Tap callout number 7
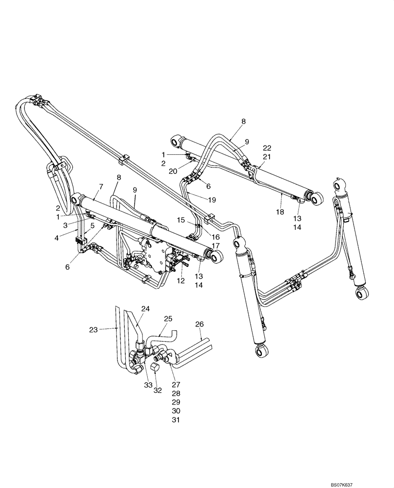click(x=101, y=187)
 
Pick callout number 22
click(x=267, y=148)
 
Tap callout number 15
click(x=181, y=220)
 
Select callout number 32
click(x=157, y=390)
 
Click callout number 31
click(x=176, y=420)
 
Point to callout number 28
click(x=176, y=393)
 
